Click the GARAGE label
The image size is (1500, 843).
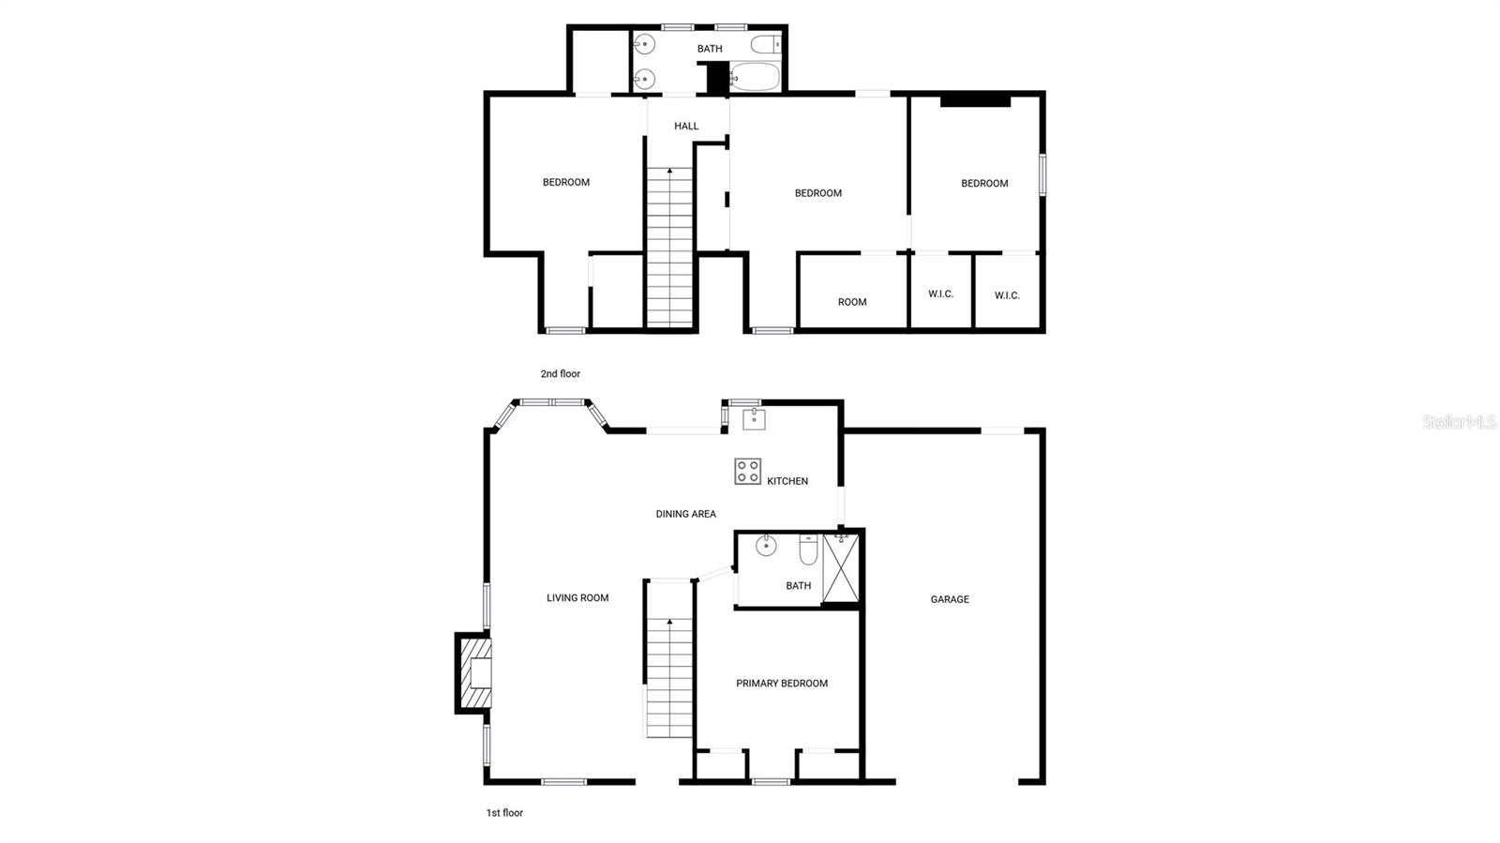point(950,599)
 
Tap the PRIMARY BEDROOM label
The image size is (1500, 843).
point(782,683)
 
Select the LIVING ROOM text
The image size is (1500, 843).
point(577,598)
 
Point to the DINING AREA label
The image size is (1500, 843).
point(685,514)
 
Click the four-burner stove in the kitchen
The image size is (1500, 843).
point(747,472)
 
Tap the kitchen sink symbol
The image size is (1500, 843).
point(754,419)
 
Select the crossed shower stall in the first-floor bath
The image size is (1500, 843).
point(840,568)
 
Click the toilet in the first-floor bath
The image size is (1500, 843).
point(808,549)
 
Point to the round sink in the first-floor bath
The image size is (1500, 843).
point(766,546)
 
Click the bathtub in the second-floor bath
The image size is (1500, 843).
point(755,78)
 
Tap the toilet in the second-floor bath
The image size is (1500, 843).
point(765,44)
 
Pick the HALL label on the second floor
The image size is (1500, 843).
point(686,126)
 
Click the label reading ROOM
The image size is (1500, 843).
point(852,302)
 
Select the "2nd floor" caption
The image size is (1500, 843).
point(561,373)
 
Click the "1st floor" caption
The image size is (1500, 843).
point(504,813)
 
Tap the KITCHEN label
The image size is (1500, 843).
point(787,481)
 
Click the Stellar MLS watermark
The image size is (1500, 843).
point(1459,422)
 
